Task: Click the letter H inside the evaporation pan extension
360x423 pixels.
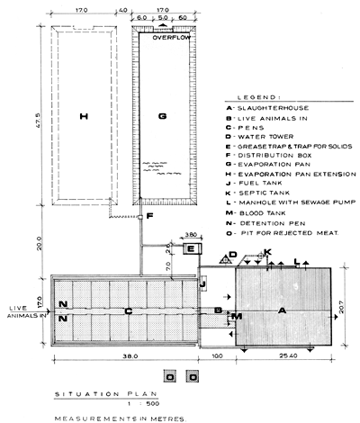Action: (x=83, y=116)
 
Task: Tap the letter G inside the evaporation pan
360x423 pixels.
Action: (x=163, y=116)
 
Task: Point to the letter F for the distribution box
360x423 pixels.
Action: (x=150, y=217)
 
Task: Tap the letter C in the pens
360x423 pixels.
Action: (x=128, y=311)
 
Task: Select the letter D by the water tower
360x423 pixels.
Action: (x=233, y=256)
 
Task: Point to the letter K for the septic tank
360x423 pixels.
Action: (x=267, y=252)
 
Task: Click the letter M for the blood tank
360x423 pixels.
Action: (x=238, y=317)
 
